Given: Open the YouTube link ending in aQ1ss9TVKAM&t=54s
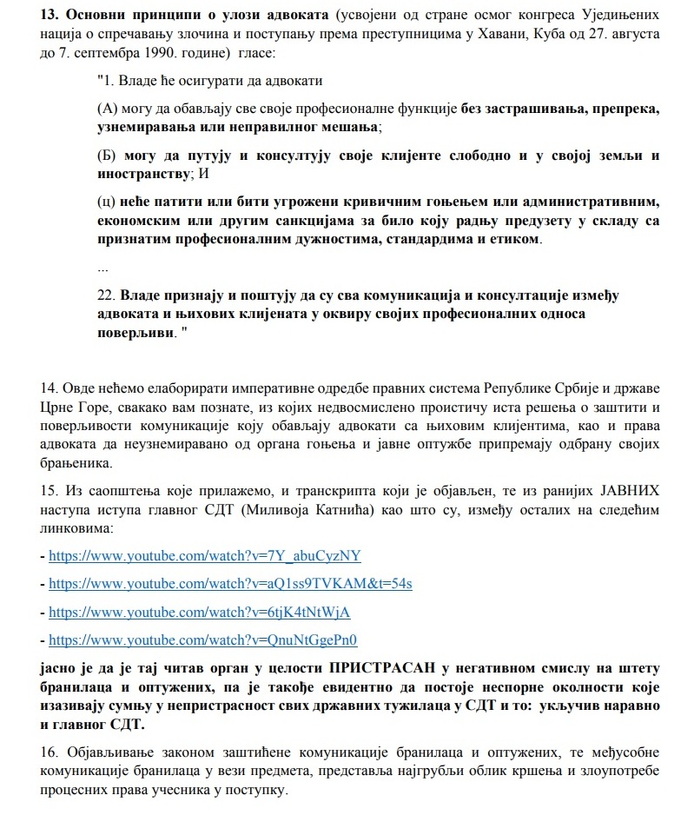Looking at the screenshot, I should coord(230,584).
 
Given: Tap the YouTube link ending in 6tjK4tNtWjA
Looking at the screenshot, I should coord(199,612).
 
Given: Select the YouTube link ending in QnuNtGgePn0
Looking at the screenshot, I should coord(203,640).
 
